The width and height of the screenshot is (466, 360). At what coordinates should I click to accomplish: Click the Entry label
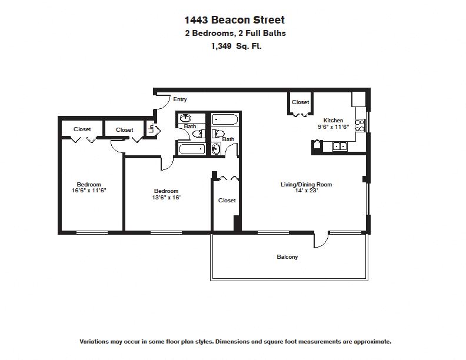tap(180, 99)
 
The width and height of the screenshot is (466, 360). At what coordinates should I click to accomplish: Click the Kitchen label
tap(332, 120)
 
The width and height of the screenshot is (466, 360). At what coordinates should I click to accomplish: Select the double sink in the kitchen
tap(339, 146)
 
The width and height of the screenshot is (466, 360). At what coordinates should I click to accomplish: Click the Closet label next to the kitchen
tap(300, 102)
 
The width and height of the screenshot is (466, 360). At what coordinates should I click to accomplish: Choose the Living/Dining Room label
tap(306, 185)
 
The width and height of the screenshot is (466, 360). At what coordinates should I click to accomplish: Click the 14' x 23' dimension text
tap(306, 191)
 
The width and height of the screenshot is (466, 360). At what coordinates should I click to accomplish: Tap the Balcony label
tap(287, 257)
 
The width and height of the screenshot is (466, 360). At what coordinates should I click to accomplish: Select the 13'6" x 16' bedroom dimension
tap(167, 198)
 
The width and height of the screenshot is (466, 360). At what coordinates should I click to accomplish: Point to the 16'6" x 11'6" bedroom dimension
tap(89, 191)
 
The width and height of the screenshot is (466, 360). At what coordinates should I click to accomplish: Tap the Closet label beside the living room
tap(227, 201)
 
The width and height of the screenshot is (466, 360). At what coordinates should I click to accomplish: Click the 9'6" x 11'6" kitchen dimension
tap(333, 126)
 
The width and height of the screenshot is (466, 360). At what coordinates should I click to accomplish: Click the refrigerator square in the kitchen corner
tap(359, 99)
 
